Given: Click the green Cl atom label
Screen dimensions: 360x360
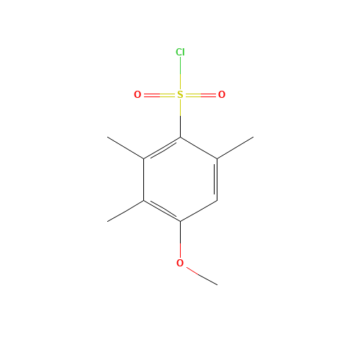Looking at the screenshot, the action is coord(180,52).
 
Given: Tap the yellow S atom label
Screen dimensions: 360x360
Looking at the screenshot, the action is coord(180,94).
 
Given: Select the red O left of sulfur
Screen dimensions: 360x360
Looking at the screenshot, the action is coord(138,94).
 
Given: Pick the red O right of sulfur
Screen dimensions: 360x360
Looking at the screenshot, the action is coord(222,94).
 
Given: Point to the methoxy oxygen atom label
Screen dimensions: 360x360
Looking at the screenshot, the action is coord(180,263).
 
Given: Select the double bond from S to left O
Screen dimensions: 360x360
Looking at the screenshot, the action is coord(160,95).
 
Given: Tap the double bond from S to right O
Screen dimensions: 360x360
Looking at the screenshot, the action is coord(201,95).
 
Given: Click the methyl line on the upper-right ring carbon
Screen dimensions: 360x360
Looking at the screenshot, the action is coord(235,148).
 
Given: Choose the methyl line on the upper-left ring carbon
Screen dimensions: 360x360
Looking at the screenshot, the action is coord(125,148).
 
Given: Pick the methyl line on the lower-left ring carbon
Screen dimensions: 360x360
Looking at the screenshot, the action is coord(125,211).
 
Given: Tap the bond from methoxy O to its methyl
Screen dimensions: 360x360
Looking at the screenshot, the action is coord(202,276).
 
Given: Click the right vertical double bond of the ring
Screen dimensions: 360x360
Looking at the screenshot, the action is coord(216,179).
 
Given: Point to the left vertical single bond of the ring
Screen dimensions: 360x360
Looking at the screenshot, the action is coord(144,179).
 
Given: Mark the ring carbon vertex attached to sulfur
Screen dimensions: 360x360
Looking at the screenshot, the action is coord(181,138).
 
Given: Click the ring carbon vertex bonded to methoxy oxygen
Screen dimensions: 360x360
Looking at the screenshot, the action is coord(181,221).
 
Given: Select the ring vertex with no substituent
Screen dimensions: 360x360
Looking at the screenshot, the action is coord(217,200).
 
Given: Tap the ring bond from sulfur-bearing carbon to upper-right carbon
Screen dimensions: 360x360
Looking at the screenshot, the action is coord(199,148).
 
